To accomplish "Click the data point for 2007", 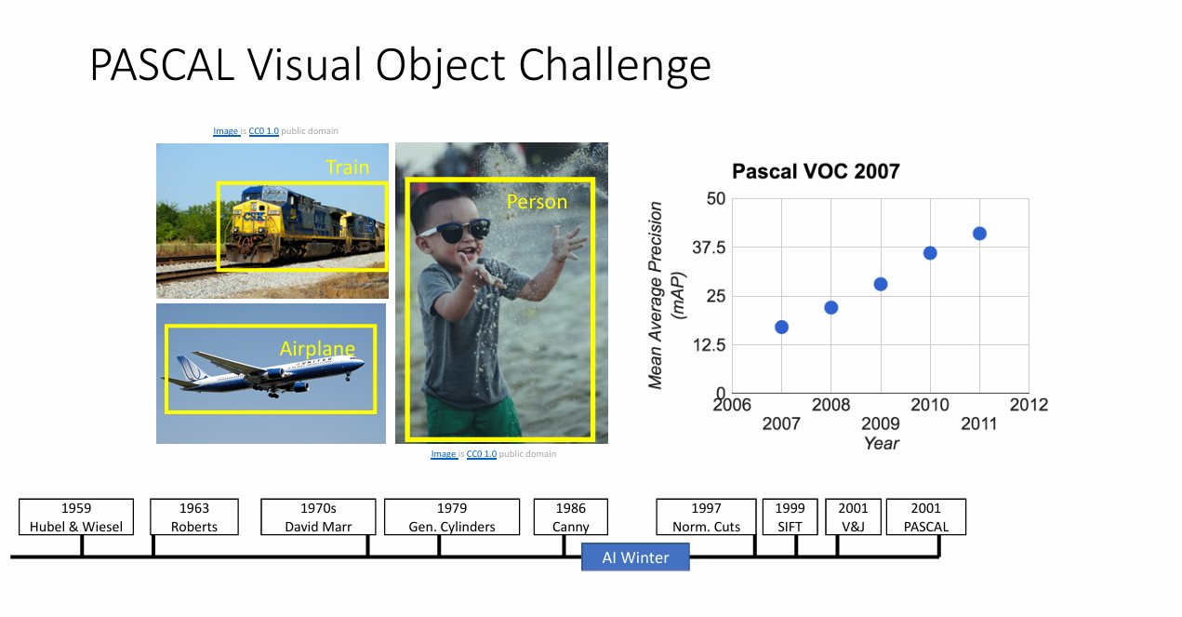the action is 781,327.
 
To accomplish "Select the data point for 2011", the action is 979,234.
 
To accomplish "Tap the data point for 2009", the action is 880,284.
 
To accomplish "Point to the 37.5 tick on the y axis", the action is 709,248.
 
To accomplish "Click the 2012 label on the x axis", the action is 1029,405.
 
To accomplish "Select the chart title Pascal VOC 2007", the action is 816,171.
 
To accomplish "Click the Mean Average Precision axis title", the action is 655,295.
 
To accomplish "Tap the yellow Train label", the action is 347,167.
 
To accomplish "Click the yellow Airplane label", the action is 317,349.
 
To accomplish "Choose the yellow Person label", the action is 537,202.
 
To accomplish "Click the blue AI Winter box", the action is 635,557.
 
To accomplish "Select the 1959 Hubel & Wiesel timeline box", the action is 76,516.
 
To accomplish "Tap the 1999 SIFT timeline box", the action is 790,516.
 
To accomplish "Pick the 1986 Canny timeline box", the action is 570,516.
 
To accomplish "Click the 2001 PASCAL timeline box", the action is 926,516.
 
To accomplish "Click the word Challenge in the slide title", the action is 615,65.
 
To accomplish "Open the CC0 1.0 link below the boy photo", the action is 481,454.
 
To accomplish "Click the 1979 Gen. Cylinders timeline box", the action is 452,516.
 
